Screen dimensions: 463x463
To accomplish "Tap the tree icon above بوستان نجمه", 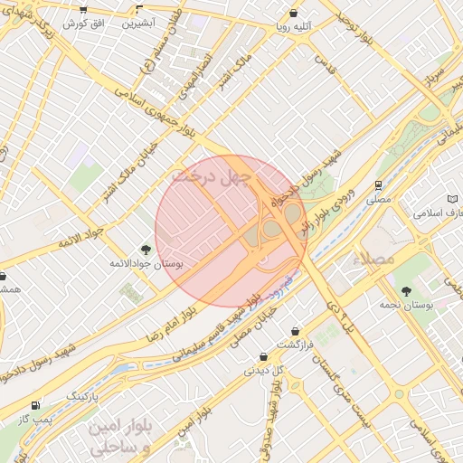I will click(x=406, y=290).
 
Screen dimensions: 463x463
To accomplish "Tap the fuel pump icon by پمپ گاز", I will click(x=35, y=406).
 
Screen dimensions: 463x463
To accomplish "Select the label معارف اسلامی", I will click(x=437, y=214).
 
